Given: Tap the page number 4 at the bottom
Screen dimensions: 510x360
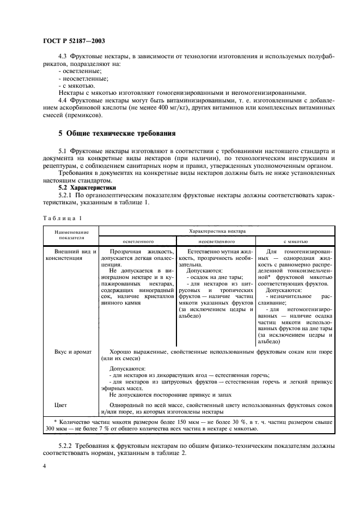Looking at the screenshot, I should click(45, 466).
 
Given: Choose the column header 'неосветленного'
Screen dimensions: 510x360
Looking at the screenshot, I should click(216, 240).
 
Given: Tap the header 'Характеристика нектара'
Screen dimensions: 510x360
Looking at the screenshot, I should click(216, 231).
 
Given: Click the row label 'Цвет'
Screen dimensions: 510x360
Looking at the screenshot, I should click(60, 405).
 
